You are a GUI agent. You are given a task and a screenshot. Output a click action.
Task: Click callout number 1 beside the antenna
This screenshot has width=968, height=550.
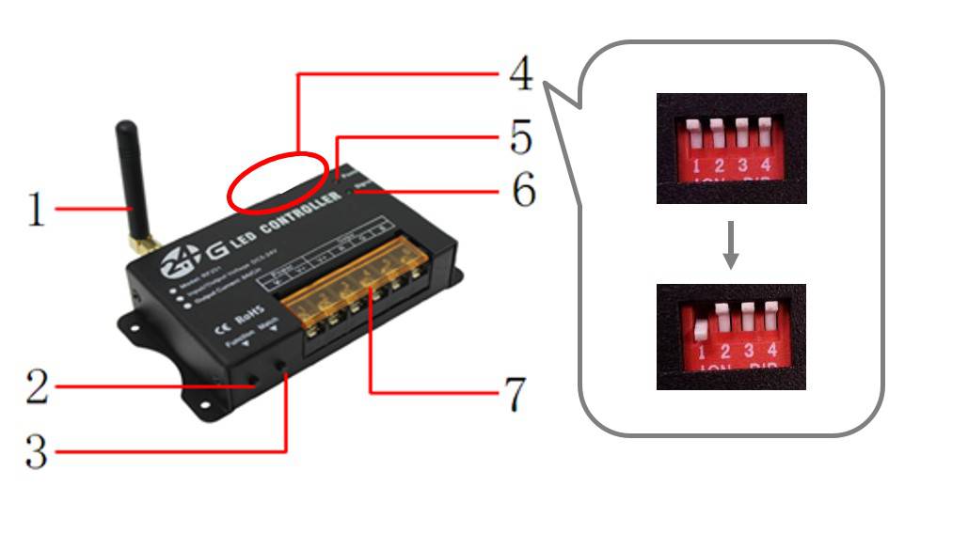tap(35, 209)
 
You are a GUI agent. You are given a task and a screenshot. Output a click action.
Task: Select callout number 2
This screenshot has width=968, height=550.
tap(36, 386)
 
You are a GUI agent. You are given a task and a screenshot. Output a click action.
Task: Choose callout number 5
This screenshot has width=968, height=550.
tap(520, 137)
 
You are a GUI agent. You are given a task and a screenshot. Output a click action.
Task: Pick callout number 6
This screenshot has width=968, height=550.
tap(523, 191)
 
